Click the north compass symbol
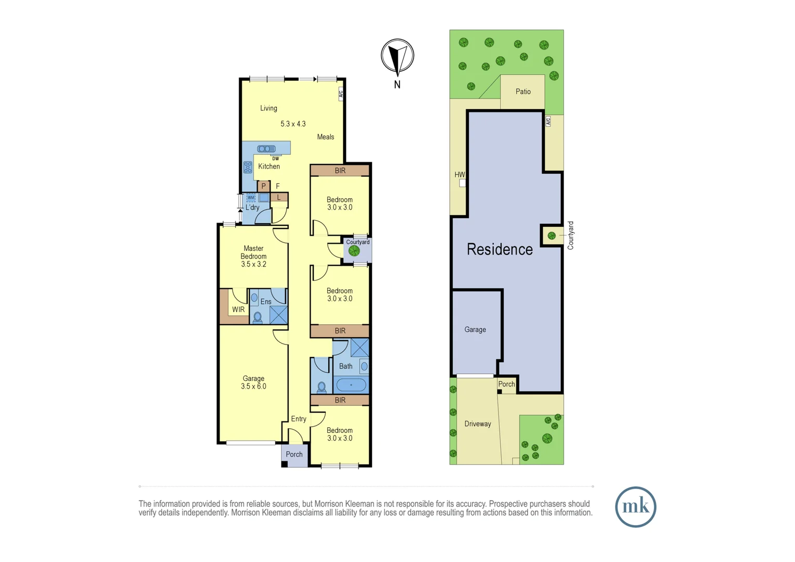[x=397, y=56]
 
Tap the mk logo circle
[x=635, y=507]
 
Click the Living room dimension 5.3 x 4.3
[x=293, y=124]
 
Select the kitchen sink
[x=266, y=149]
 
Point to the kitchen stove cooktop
[x=248, y=167]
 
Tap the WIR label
[x=238, y=310]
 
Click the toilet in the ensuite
[x=257, y=317]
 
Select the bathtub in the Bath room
[x=351, y=385]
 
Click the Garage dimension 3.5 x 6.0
[x=253, y=386]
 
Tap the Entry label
[x=299, y=419]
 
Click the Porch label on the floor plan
[x=294, y=454]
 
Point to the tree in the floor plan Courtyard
[x=354, y=251]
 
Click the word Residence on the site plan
[x=499, y=249]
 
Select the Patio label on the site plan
[x=523, y=92]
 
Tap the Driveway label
[x=478, y=424]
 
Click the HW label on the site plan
[x=459, y=175]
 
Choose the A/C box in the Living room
[x=341, y=94]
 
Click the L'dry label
[x=252, y=207]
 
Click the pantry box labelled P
[x=264, y=186]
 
